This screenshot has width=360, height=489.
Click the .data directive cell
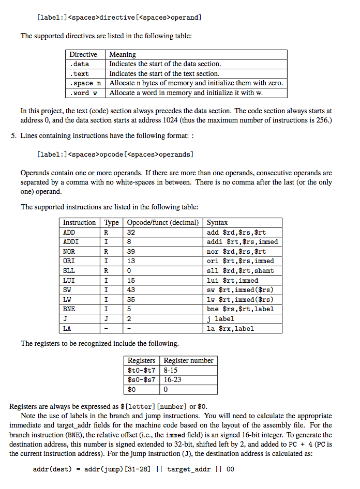point(80,64)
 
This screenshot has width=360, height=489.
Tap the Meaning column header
point(123,54)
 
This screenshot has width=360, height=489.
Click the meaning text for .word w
point(182,93)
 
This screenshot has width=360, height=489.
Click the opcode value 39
point(131,251)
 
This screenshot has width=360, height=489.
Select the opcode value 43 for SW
point(131,290)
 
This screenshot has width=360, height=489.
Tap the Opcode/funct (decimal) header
point(162,222)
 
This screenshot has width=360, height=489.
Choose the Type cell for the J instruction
point(106,319)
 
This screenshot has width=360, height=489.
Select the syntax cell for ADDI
point(242,242)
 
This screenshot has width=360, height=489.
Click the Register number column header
point(188,360)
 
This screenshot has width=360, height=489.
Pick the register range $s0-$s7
point(141,379)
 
